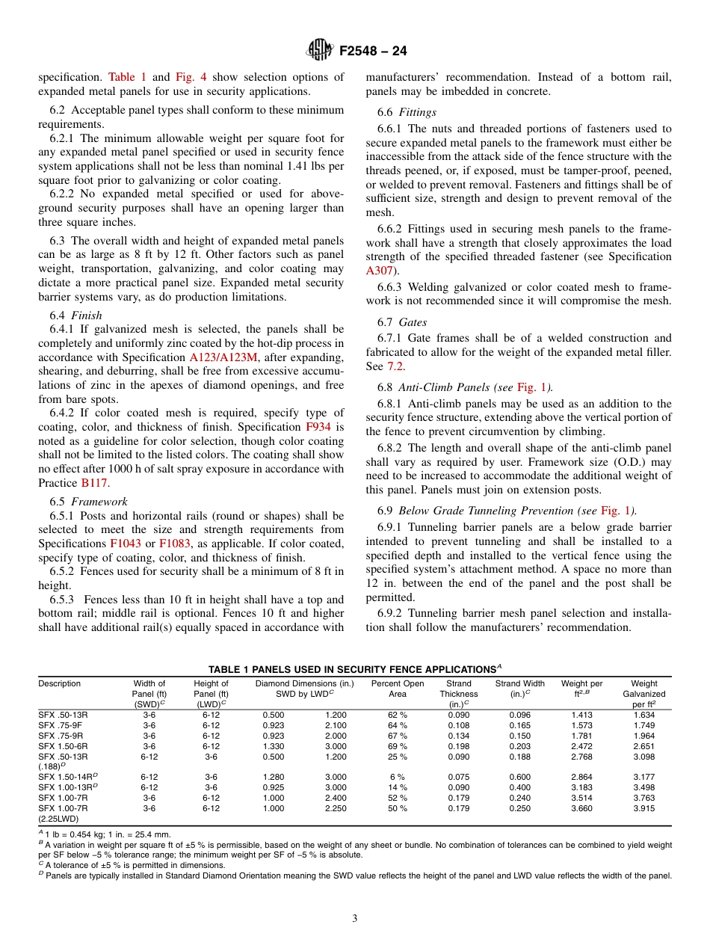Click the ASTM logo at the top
pyautogui.click(x=319, y=51)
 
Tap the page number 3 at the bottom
pyautogui.click(x=355, y=919)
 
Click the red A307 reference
pyautogui.click(x=380, y=271)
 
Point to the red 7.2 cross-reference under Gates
pyautogui.click(x=395, y=366)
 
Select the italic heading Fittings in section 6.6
pyautogui.click(x=418, y=112)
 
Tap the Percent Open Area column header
pyautogui.click(x=397, y=689)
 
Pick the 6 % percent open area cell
pyautogui.click(x=398, y=777)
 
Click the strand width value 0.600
pyautogui.click(x=519, y=777)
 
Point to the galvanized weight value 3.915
pyautogui.click(x=643, y=808)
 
